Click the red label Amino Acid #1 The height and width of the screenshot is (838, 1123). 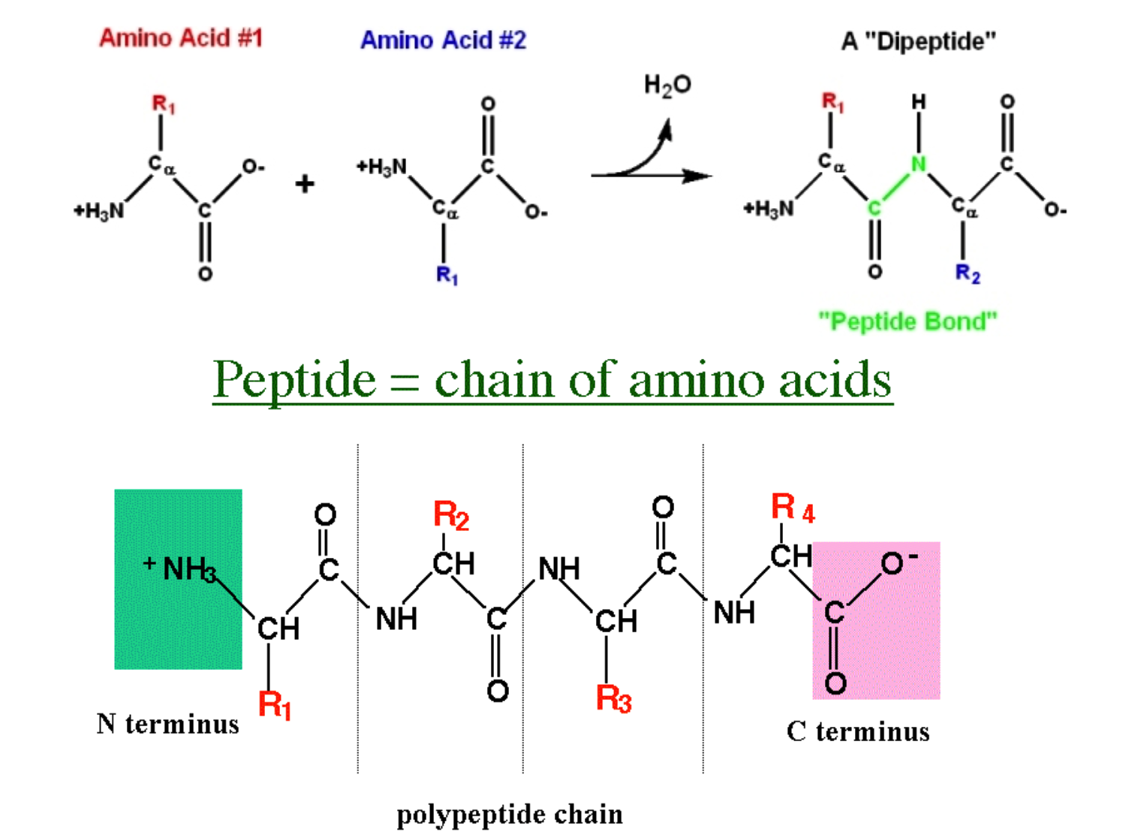click(181, 38)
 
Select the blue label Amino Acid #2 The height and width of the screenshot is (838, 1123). click(443, 39)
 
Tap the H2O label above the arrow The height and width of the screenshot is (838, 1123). click(667, 85)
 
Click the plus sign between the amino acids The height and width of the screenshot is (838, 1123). click(304, 184)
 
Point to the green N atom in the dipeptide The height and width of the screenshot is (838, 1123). click(918, 163)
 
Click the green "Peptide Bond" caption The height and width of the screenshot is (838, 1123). click(908, 321)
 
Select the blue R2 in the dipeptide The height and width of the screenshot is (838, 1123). click(967, 273)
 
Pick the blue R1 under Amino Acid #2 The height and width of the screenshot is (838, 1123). click(447, 275)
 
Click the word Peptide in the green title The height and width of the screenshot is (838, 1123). click(294, 379)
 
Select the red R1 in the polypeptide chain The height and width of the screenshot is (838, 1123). click(274, 704)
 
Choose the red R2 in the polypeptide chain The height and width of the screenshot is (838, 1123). click(451, 516)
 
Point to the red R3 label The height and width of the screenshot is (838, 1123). click(613, 698)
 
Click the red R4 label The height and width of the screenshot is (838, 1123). click(792, 508)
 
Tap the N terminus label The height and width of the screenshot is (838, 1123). click(168, 724)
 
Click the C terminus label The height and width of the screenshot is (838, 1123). click(858, 731)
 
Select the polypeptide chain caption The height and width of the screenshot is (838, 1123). click(510, 814)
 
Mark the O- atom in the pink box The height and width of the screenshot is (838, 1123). click(897, 562)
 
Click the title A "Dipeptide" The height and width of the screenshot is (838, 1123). click(919, 41)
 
